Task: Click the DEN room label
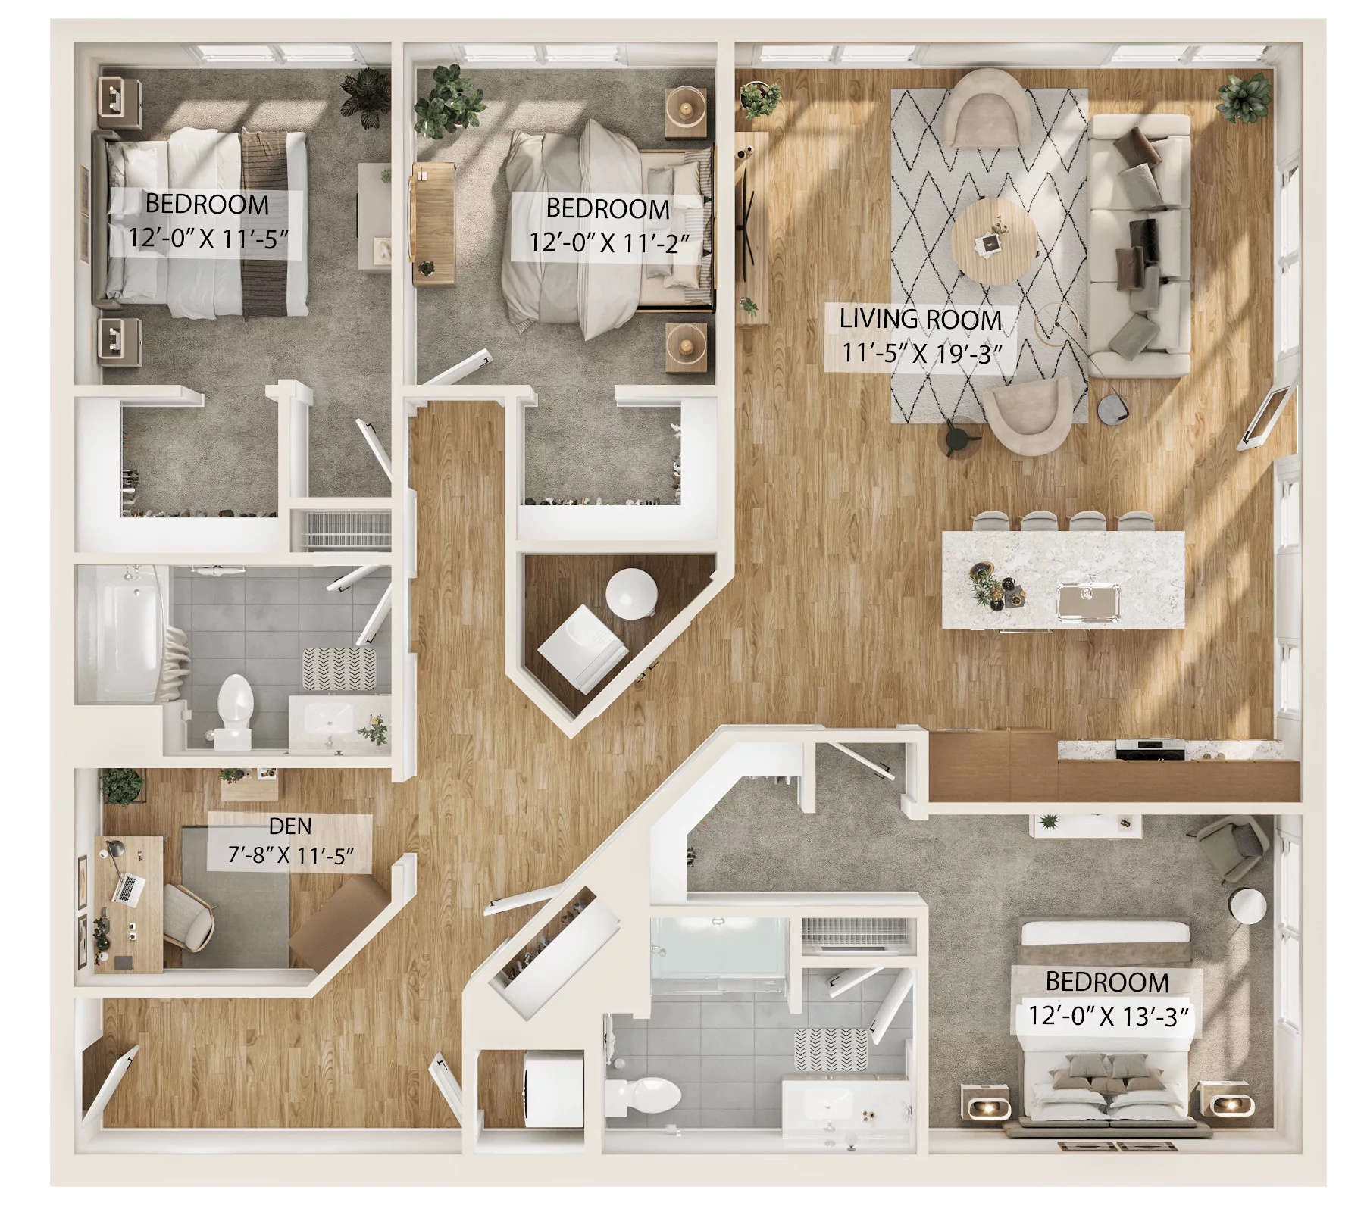coord(289,825)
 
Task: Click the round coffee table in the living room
coord(992,240)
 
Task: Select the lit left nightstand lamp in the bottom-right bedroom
coord(986,1109)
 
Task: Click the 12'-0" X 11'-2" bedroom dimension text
coord(609,242)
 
